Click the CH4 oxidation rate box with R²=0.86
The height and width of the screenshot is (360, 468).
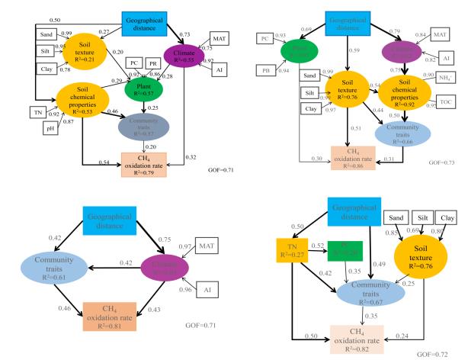351,154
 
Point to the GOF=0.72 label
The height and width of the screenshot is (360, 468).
443,354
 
